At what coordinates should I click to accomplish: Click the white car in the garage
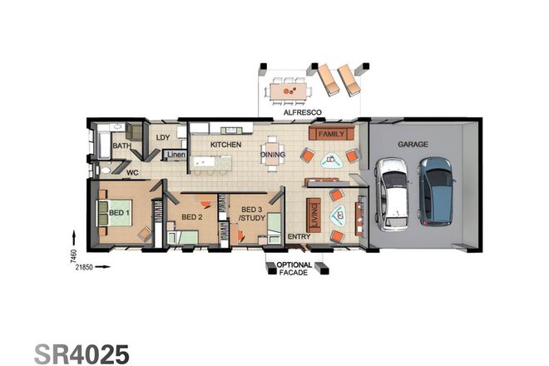coord(392,194)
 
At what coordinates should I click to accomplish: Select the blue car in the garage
coord(435,190)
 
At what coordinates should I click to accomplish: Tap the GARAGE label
coord(413,144)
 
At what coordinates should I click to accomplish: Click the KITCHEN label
coord(225,145)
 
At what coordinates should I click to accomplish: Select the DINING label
coord(273,155)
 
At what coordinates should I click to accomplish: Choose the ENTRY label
coord(299,237)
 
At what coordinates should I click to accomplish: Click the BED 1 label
coord(120,213)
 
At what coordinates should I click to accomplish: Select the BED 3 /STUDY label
coord(251,214)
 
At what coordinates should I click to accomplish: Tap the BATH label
coord(121,146)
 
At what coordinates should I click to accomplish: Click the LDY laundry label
coord(163,138)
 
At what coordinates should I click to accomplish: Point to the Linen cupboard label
coord(175,155)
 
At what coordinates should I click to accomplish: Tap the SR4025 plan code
coord(82,353)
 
